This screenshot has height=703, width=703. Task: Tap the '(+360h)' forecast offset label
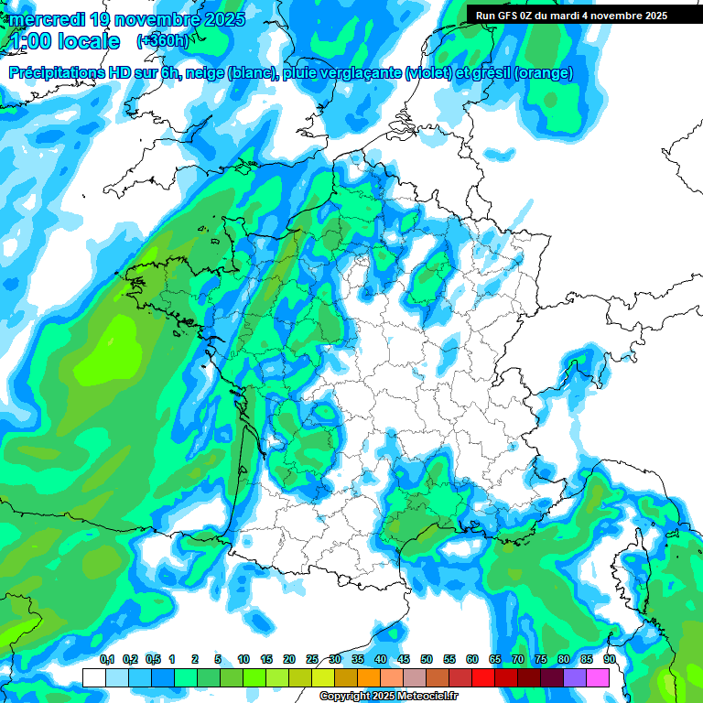click(163, 41)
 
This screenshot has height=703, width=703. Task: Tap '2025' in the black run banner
click(654, 16)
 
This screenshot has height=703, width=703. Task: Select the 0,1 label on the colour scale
click(106, 659)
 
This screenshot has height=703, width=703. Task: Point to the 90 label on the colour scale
click(610, 659)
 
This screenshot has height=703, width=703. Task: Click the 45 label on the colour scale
click(404, 659)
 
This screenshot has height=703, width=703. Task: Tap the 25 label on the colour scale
click(312, 659)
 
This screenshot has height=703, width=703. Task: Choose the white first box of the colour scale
click(93, 677)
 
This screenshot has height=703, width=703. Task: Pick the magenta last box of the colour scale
click(598, 677)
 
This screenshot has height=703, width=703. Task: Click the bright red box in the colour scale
click(483, 677)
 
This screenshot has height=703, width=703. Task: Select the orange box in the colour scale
click(369, 677)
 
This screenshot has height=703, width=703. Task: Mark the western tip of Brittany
click(131, 273)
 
